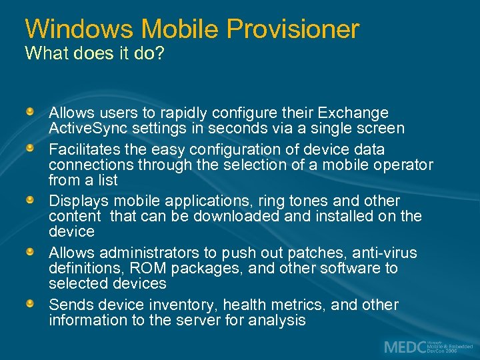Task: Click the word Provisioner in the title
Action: [x=293, y=29]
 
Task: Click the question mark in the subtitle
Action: [x=159, y=53]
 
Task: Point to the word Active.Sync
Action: [x=87, y=128]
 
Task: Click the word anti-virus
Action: [x=383, y=253]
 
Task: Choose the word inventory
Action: [x=183, y=305]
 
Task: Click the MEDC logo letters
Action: [x=404, y=347]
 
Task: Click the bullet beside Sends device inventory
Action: [x=31, y=304]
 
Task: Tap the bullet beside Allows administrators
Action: [x=31, y=252]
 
